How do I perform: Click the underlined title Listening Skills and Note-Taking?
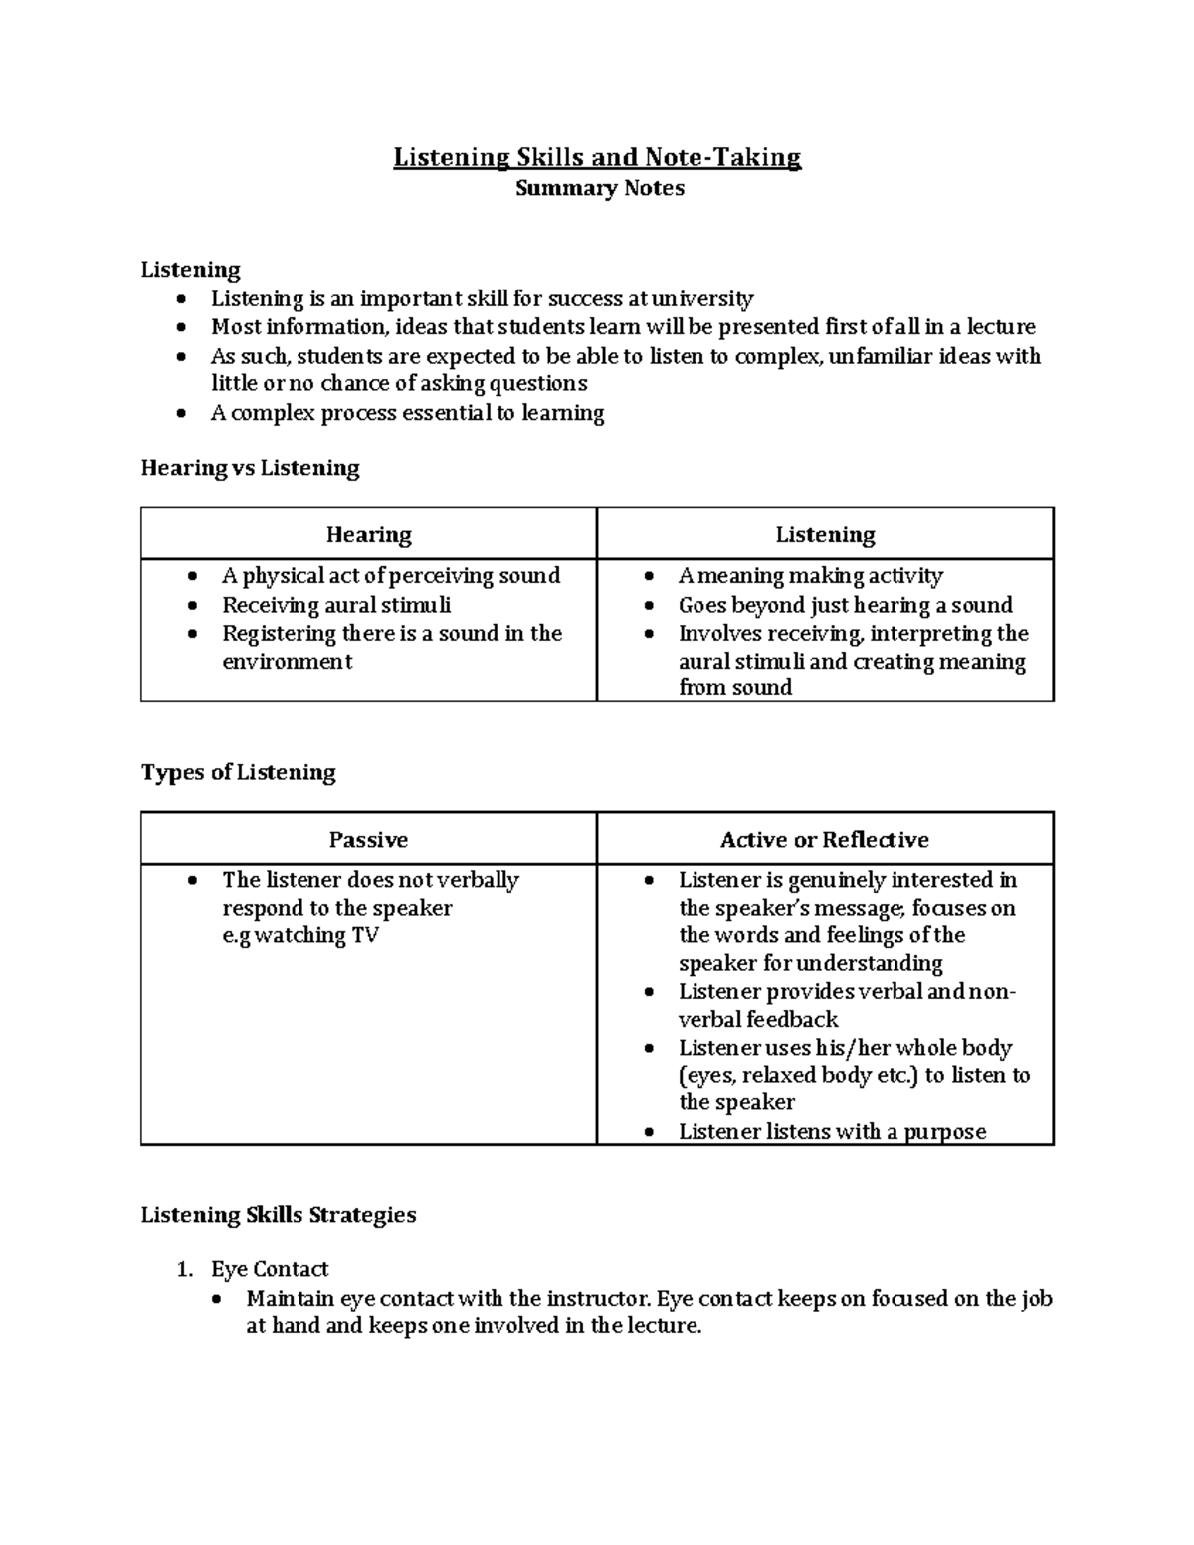[x=597, y=157]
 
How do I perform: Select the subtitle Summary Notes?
[x=599, y=188]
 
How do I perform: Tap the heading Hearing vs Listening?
[x=250, y=468]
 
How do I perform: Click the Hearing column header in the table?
[x=368, y=534]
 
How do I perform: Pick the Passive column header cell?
[x=368, y=839]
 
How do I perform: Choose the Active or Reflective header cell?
[x=824, y=839]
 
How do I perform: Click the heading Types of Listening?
[x=238, y=772]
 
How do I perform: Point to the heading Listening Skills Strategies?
[x=278, y=1214]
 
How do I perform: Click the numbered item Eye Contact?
[x=269, y=1269]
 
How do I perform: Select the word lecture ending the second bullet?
[x=1002, y=327]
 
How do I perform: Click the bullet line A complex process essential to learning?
[x=407, y=413]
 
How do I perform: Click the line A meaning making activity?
[x=810, y=576]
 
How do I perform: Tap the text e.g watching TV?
[x=299, y=935]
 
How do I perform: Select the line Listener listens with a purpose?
[x=832, y=1131]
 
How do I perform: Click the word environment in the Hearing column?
[x=287, y=662]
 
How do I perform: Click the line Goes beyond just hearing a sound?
[x=845, y=605]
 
